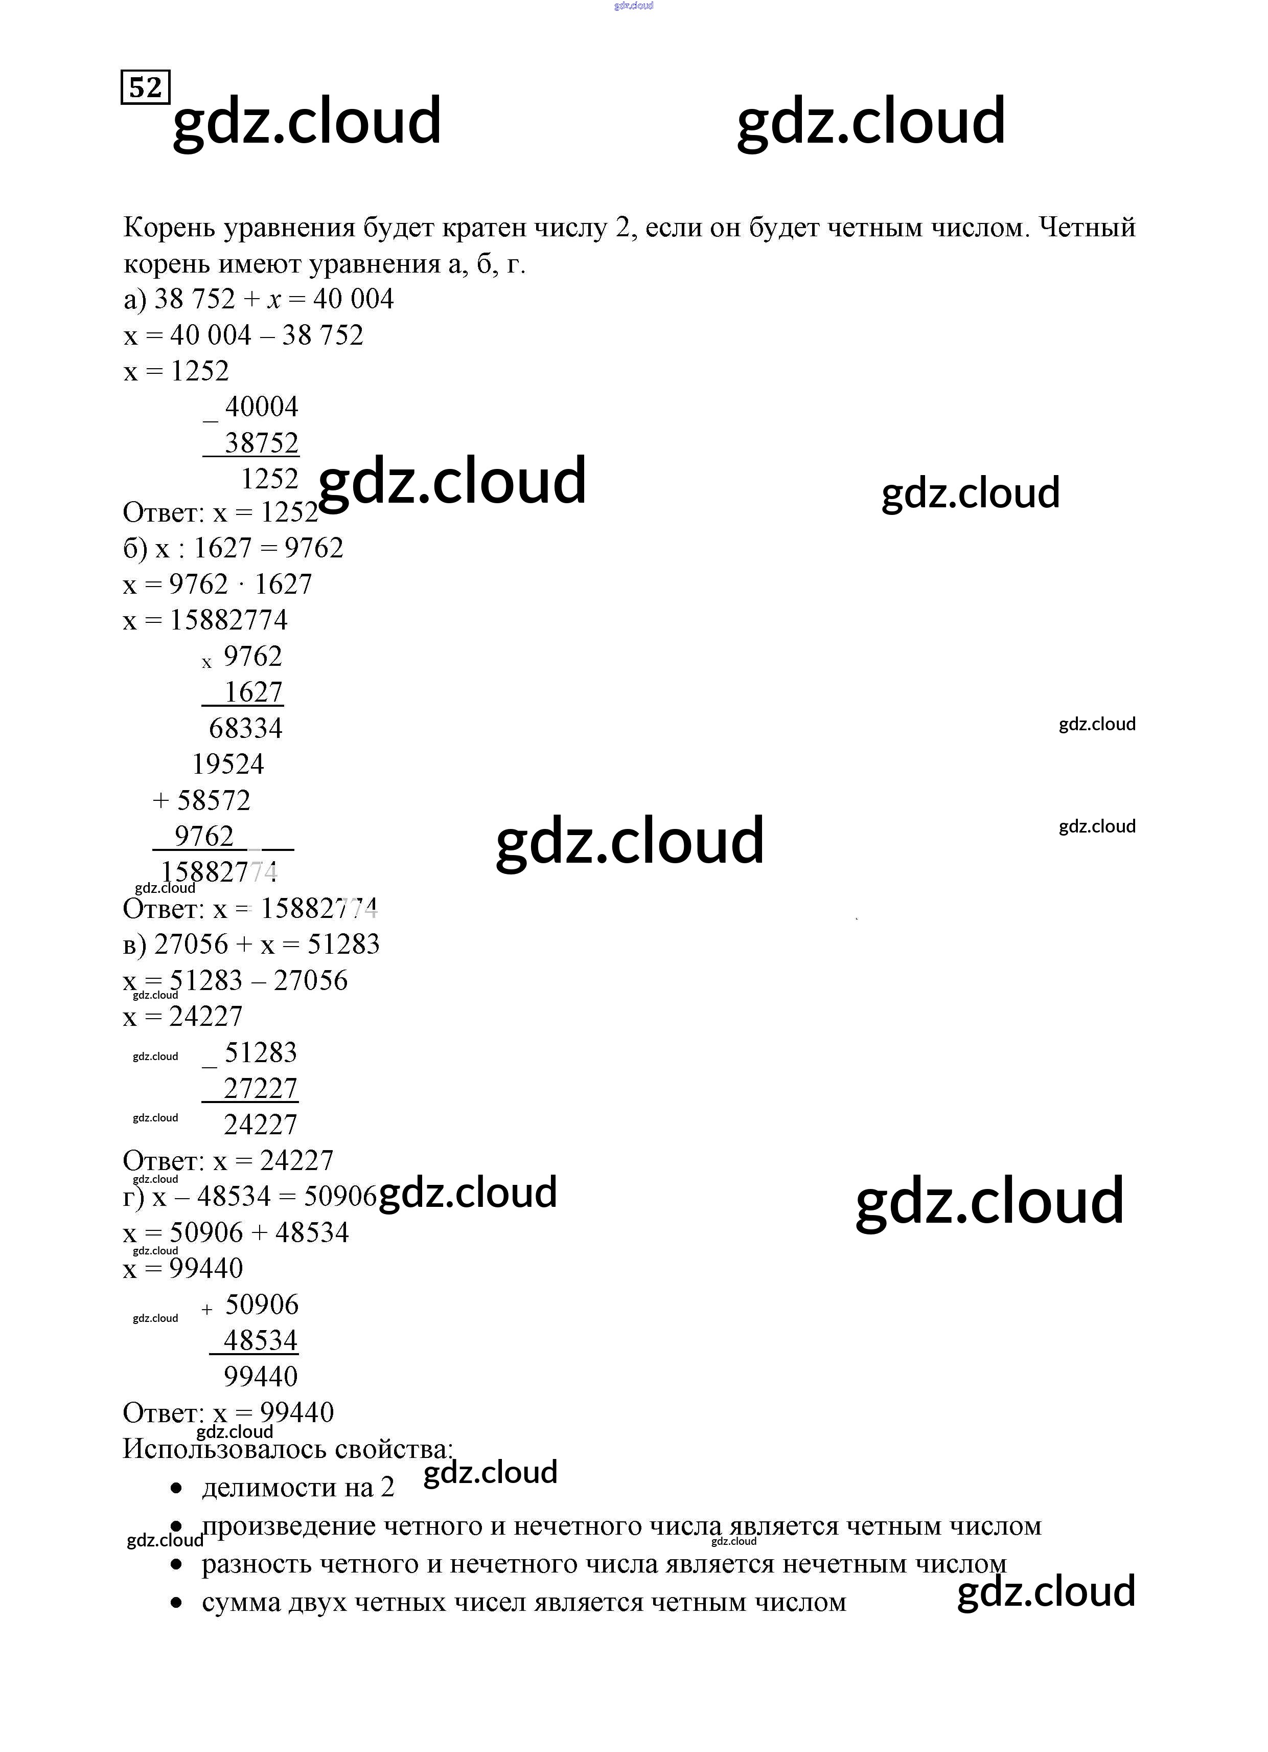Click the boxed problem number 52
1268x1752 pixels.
(x=145, y=87)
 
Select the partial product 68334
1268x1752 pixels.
(x=245, y=728)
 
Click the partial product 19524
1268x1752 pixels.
(x=228, y=764)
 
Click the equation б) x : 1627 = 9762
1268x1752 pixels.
(x=233, y=548)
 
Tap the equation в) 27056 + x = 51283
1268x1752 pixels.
(x=251, y=944)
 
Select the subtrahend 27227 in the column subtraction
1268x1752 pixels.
(x=260, y=1088)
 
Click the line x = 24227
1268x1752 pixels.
(x=183, y=1017)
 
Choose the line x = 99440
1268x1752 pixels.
(x=183, y=1268)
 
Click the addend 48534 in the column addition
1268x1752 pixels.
(x=260, y=1340)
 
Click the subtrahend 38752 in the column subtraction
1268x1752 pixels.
(x=261, y=443)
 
